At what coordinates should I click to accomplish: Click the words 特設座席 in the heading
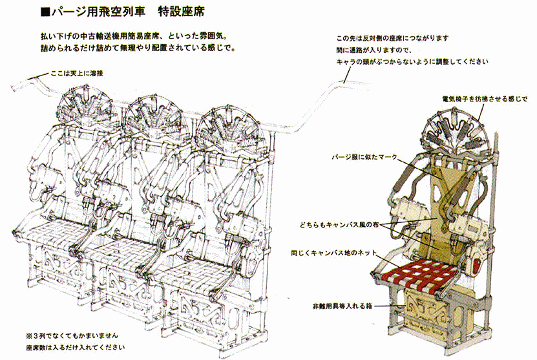click(x=181, y=12)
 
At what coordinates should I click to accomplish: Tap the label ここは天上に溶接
click(x=77, y=73)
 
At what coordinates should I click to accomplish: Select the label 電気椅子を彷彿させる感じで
click(x=485, y=99)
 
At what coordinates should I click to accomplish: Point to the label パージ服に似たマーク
click(x=364, y=157)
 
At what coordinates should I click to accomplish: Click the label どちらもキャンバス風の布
click(x=339, y=225)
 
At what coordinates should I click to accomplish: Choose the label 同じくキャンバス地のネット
click(x=333, y=253)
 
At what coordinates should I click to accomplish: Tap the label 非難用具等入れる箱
click(x=342, y=306)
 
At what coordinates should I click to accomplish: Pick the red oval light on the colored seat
click(x=478, y=264)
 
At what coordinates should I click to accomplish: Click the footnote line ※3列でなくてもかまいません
click(x=72, y=335)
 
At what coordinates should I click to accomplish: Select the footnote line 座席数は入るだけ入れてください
click(x=76, y=347)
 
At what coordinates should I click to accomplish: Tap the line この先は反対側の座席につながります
click(x=392, y=38)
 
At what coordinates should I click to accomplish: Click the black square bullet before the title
click(x=45, y=13)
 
